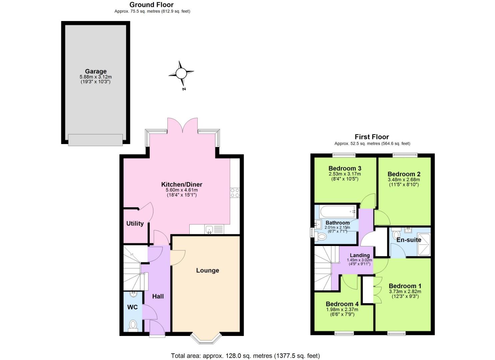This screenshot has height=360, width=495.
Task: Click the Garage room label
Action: (96, 71)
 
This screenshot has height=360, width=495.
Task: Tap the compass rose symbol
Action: (181, 73)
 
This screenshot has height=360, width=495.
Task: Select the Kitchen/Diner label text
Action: (182, 184)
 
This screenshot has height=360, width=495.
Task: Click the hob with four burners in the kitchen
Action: (235, 193)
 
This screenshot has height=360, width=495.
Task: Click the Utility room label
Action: (135, 223)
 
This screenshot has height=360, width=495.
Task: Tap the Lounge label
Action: (207, 270)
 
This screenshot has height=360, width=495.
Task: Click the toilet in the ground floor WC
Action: (133, 325)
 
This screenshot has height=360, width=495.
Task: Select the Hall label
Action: (158, 296)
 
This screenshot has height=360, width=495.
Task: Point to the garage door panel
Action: (95, 140)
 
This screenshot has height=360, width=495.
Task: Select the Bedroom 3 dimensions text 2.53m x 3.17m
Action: (345, 174)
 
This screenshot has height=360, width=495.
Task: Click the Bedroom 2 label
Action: (404, 174)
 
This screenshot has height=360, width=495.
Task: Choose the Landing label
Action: (360, 255)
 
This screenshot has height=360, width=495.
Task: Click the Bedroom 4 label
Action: (342, 304)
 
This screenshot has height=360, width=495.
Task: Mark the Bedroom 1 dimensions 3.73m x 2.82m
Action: (405, 291)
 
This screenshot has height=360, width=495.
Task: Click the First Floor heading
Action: (372, 137)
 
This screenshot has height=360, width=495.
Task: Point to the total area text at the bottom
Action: (245, 356)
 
